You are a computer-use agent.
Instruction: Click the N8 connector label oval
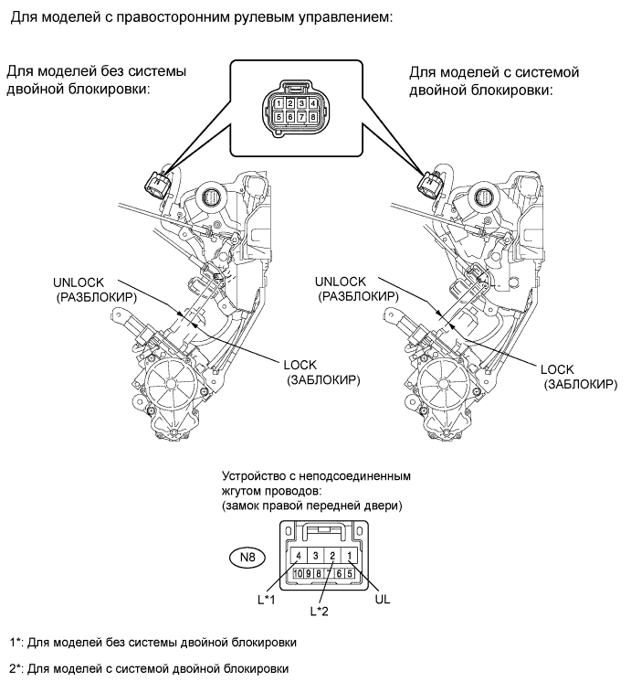pyautogui.click(x=247, y=558)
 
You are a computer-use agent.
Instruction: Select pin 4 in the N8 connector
pyautogui.click(x=299, y=556)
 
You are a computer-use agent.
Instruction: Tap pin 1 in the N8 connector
pyautogui.click(x=349, y=556)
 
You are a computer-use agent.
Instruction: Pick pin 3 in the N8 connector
pyautogui.click(x=315, y=556)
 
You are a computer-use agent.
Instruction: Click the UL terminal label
pyautogui.click(x=382, y=600)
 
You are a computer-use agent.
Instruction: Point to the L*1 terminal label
pyautogui.click(x=267, y=600)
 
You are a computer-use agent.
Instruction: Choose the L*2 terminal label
pyautogui.click(x=319, y=612)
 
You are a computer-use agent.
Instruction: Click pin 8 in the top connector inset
pyautogui.click(x=312, y=117)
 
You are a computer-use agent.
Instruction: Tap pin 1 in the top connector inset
pyautogui.click(x=279, y=103)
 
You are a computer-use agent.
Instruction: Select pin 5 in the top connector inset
pyautogui.click(x=279, y=117)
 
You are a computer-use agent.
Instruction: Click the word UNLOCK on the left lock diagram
pyautogui.click(x=79, y=282)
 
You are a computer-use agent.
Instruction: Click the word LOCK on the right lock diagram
pyautogui.click(x=557, y=369)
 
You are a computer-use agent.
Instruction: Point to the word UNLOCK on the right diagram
pyautogui.click(x=341, y=282)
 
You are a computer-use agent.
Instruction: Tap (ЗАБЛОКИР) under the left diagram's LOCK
pyautogui.click(x=323, y=380)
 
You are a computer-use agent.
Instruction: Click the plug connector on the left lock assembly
pyautogui.click(x=157, y=184)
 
